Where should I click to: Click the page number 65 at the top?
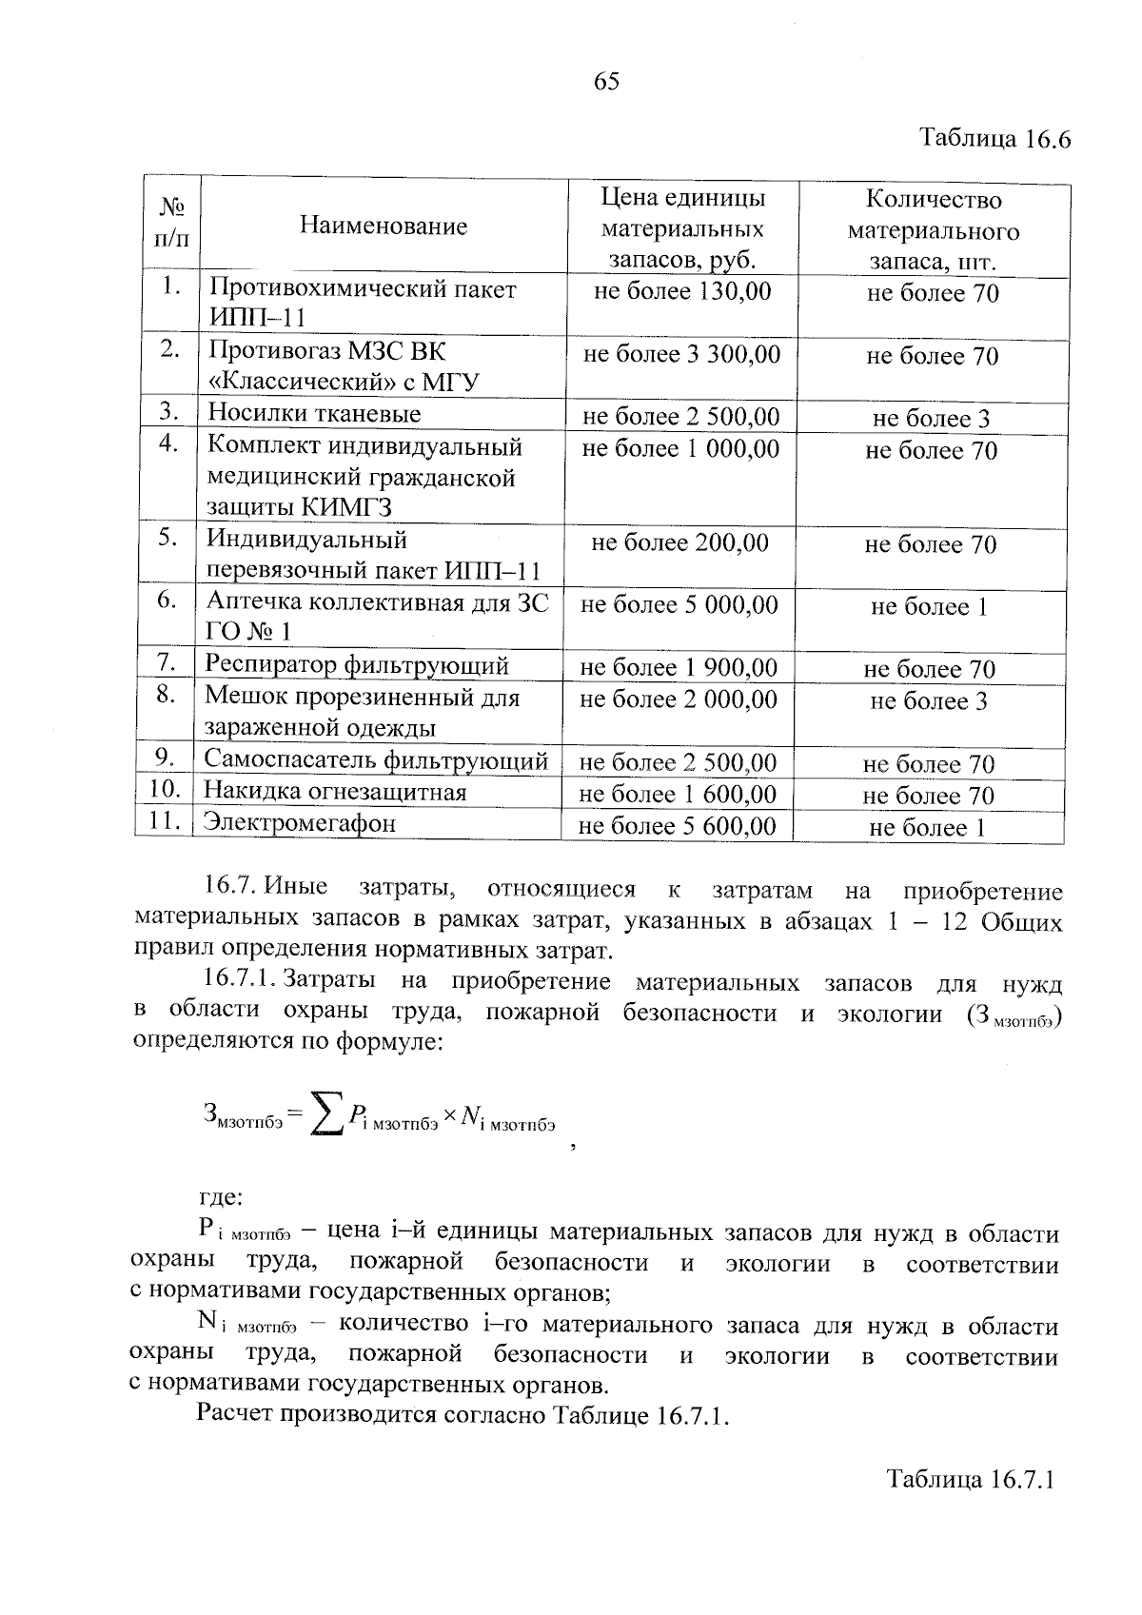point(606,82)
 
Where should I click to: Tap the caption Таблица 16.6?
point(994,139)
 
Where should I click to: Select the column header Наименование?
point(384,226)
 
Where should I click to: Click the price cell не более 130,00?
point(681,291)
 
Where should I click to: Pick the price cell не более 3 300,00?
point(681,355)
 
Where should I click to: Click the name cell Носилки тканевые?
point(314,413)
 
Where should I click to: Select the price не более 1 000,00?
point(680,448)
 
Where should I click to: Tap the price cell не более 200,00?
point(679,542)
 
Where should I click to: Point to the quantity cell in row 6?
point(929,607)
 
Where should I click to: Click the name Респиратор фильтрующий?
point(357,665)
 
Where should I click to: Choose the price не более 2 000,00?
point(679,699)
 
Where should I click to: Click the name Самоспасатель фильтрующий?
point(376,760)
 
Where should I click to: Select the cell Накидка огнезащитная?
point(335,792)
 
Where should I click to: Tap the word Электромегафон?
point(300,823)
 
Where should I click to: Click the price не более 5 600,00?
point(678,826)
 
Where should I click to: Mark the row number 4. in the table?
point(169,444)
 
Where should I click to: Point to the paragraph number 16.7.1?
point(238,979)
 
